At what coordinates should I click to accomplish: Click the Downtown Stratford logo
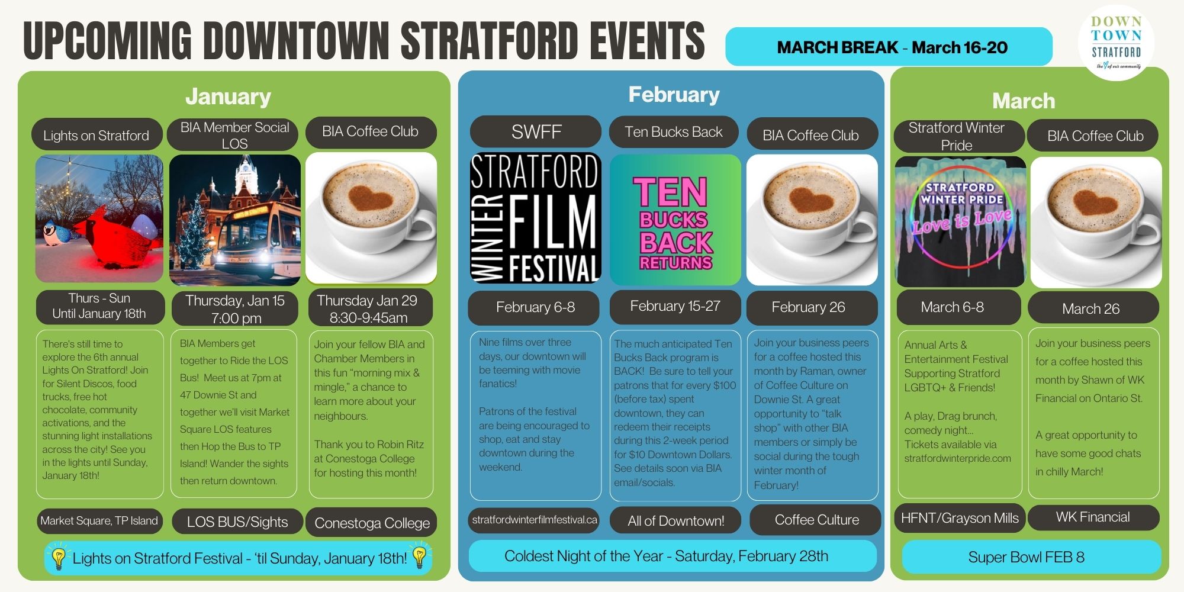pos(1117,43)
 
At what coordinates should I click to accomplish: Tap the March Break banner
pos(889,47)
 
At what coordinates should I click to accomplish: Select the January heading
pos(228,96)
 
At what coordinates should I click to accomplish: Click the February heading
pos(674,94)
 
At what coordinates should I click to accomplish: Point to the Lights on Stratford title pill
pos(96,136)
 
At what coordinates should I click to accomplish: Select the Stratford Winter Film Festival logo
pos(535,218)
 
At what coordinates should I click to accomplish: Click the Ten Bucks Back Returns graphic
pos(675,220)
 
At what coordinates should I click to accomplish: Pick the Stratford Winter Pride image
pos(960,221)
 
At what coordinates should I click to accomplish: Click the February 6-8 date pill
pos(535,307)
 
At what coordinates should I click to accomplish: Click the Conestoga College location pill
pos(372,523)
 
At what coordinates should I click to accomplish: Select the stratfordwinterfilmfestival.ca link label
pos(535,520)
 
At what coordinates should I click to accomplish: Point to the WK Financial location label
pos(1093,517)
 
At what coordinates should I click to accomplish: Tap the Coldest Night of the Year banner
pos(673,556)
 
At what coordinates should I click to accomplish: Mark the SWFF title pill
pos(536,131)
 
